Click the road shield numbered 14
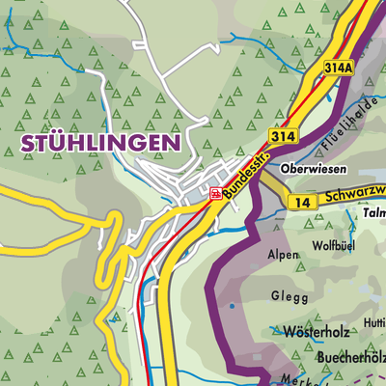pyautogui.click(x=302, y=202)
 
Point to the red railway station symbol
pyautogui.click(x=214, y=192)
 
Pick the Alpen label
pyautogui.click(x=283, y=257)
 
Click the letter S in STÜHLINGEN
pyautogui.click(x=26, y=142)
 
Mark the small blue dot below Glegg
pyautogui.click(x=232, y=308)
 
